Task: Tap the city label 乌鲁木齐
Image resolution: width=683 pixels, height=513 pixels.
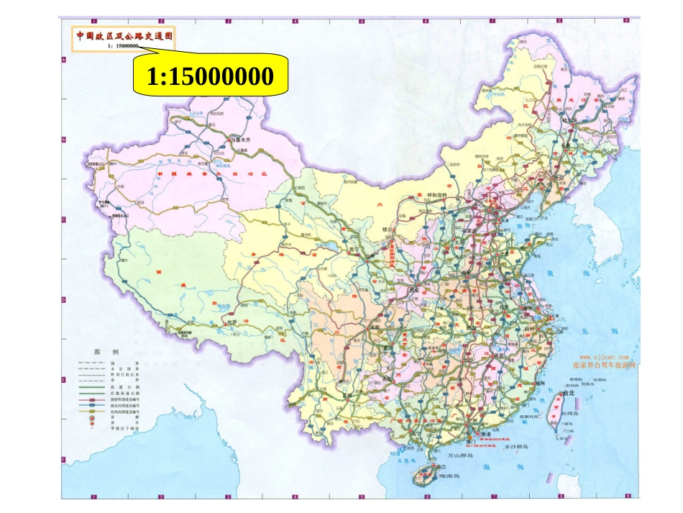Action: click(242, 140)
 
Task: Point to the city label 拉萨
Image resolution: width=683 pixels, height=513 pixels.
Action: click(232, 323)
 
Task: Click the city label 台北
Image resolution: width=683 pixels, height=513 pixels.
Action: click(570, 394)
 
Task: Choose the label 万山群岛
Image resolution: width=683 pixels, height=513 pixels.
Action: click(461, 455)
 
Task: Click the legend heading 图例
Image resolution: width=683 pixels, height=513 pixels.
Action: click(106, 352)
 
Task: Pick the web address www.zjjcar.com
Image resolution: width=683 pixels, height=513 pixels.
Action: click(604, 356)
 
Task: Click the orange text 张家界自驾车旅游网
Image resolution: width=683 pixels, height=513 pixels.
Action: click(604, 365)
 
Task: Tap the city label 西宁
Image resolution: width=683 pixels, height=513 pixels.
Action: click(353, 251)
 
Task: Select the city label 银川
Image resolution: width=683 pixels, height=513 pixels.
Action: click(389, 230)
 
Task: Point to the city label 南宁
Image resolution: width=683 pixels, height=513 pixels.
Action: click(415, 434)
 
